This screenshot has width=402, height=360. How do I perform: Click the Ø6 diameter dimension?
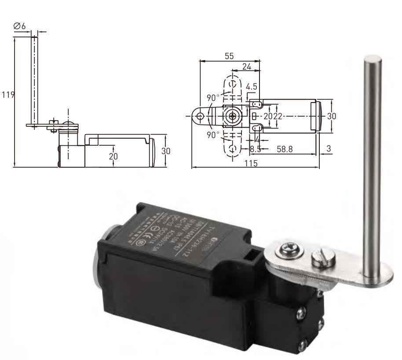20,27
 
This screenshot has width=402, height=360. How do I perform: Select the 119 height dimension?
8,95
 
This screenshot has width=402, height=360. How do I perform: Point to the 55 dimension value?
229,56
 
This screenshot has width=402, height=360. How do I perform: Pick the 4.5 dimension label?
252,87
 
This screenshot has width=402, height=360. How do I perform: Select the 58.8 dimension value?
284,149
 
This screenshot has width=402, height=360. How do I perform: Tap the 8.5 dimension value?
256,149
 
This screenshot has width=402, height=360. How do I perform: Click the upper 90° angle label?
214,97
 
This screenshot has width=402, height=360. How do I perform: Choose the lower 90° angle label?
214,135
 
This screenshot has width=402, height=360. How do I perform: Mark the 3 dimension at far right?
329,149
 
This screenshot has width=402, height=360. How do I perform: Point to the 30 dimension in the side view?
165,151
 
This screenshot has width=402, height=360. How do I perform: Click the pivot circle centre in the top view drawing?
232,116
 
